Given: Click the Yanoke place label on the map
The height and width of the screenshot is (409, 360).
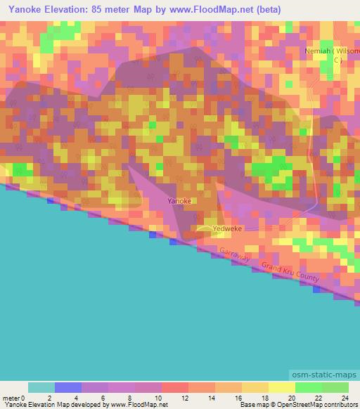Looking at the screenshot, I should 179,201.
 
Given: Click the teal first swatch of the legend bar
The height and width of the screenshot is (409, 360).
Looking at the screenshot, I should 41,387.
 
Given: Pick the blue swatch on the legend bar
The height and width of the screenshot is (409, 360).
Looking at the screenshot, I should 68,387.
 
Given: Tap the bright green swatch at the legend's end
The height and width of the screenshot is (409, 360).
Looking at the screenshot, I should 335,387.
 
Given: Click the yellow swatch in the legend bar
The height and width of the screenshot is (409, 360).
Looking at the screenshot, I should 282,387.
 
